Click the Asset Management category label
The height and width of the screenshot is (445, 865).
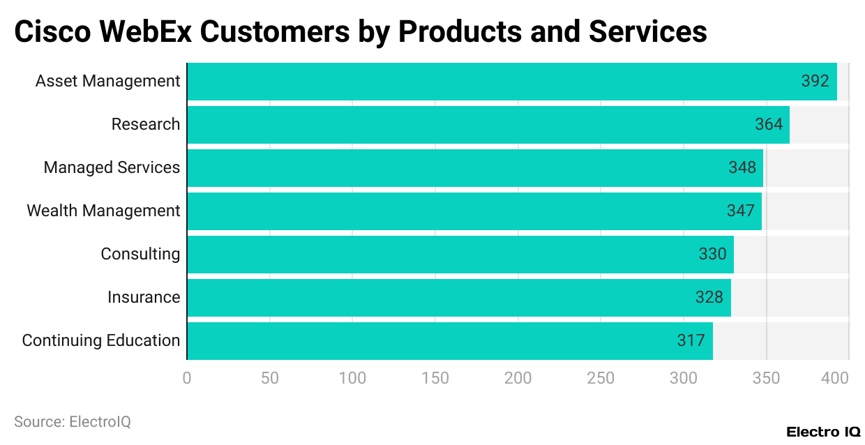[107, 81]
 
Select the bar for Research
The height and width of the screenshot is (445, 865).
[488, 125]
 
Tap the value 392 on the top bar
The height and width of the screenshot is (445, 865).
[815, 81]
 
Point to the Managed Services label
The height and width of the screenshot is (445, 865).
[112, 167]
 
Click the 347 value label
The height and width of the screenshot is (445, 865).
[740, 211]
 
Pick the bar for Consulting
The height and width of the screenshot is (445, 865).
[460, 255]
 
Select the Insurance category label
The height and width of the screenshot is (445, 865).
[144, 297]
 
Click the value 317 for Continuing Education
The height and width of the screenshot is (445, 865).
[691, 340]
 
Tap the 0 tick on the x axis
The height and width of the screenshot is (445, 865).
[187, 378]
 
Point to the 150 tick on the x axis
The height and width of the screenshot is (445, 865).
[435, 378]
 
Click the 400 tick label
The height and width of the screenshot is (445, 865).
[836, 378]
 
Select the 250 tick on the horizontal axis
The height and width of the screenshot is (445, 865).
[601, 378]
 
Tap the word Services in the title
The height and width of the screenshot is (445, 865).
[648, 32]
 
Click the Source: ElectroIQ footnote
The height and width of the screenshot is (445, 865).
[73, 422]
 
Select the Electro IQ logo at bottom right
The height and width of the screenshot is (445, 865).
[823, 432]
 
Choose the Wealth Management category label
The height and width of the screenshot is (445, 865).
[103, 211]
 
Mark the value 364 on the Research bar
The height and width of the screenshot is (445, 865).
[769, 124]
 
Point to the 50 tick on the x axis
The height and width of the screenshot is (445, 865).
[269, 378]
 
